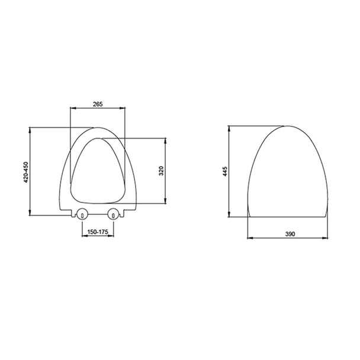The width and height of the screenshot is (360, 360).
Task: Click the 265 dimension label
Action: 98,104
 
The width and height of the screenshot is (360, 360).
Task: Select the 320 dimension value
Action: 161,171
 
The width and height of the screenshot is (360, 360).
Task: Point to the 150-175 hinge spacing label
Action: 98,232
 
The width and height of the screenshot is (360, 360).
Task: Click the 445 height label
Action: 225,171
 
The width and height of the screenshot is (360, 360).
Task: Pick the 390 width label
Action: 290,234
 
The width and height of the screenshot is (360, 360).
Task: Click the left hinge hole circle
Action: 82,214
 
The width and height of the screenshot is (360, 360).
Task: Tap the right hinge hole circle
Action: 114,214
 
